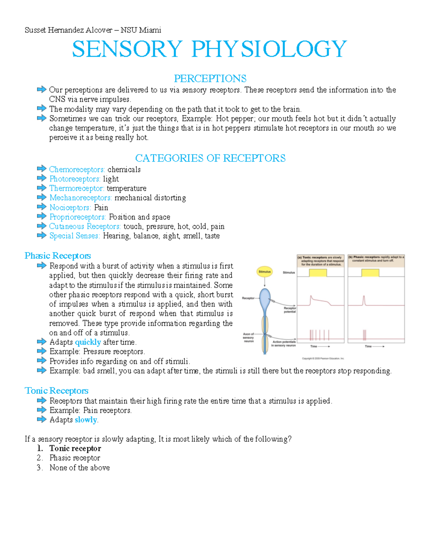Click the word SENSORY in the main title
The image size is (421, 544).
click(x=127, y=49)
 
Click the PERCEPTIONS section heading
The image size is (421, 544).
click(x=210, y=78)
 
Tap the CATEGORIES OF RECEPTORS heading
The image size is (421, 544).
click(x=210, y=158)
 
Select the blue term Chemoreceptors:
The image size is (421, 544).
click(x=77, y=170)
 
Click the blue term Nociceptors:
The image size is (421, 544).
click(x=70, y=208)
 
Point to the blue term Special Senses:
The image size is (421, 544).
click(x=74, y=236)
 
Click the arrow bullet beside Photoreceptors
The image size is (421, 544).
click(x=41, y=178)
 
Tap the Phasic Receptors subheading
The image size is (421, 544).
click(x=58, y=256)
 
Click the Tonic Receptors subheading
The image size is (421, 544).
click(x=56, y=391)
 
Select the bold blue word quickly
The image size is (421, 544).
click(x=88, y=342)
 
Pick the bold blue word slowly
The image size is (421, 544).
click(x=86, y=420)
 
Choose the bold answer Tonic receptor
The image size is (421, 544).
click(x=75, y=448)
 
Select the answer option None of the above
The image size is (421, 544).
click(x=80, y=468)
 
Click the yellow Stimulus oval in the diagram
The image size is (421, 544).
click(x=265, y=271)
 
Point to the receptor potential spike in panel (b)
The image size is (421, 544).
click(x=364, y=301)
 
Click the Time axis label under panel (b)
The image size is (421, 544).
click(x=368, y=346)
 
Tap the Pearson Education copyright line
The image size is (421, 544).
click(x=323, y=358)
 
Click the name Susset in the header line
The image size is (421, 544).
click(x=35, y=30)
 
